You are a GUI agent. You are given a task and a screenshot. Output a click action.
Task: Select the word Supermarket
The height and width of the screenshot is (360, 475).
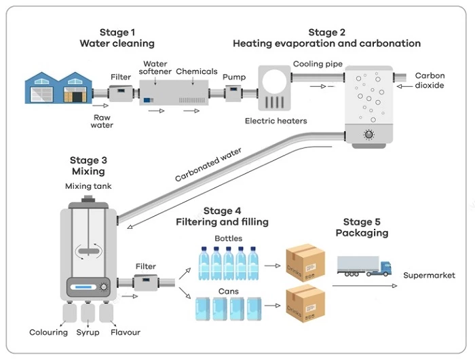[429, 275]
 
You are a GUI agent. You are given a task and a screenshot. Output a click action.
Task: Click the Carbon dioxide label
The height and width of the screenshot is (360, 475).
[430, 81]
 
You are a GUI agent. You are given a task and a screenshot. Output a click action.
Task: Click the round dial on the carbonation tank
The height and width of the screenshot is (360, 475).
[368, 134]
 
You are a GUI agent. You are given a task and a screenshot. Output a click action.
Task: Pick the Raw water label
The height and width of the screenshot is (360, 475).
[103, 120]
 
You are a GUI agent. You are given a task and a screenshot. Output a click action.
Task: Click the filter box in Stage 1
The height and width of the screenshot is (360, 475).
[121, 93]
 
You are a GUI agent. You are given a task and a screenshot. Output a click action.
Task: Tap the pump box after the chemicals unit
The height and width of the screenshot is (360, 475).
[234, 93]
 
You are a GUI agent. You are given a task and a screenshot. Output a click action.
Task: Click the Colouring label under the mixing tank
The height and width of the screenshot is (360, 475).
[49, 332]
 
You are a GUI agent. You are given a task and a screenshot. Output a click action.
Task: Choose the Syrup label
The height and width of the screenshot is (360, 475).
[88, 332]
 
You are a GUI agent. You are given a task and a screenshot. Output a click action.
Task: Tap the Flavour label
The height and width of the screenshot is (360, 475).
[126, 332]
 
